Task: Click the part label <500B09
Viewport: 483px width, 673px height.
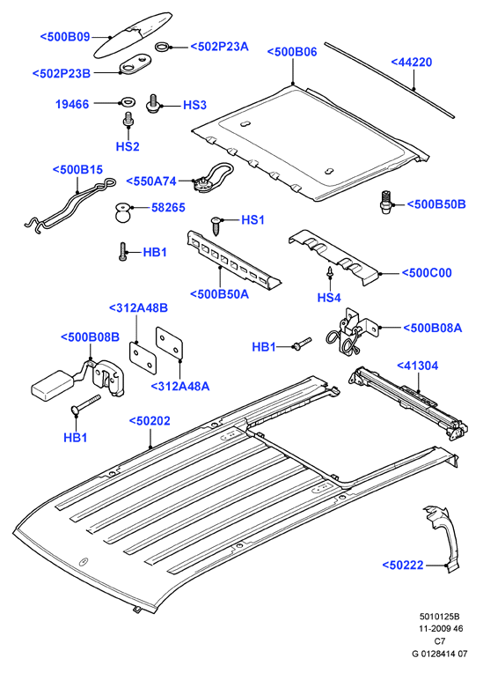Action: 65,37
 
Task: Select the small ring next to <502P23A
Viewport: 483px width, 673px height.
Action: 164,47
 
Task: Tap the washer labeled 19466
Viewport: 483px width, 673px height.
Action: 127,102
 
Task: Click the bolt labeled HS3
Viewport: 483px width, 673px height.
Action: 153,104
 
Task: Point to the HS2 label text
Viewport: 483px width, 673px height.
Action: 128,146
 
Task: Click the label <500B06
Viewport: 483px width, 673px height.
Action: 292,52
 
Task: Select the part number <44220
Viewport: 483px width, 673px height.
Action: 412,63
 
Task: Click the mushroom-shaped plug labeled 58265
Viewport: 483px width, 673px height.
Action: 122,213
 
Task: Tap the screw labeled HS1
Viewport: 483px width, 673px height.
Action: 216,226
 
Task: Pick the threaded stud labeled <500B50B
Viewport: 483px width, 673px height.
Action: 386,203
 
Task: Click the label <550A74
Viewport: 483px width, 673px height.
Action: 151,181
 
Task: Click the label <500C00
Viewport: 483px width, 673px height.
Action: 427,273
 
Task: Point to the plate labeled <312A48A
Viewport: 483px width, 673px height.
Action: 169,342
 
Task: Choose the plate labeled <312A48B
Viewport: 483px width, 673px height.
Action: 143,357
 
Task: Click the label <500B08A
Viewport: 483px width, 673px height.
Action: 433,329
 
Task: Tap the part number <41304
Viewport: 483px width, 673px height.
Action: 417,366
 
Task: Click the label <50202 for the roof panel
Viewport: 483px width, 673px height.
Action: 150,421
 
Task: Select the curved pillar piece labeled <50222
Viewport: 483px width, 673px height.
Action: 441,538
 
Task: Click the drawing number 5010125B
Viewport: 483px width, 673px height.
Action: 439,617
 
